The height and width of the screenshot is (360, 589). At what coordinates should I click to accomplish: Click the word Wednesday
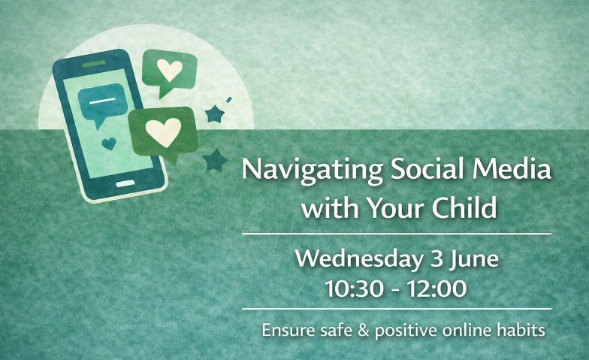click(x=357, y=260)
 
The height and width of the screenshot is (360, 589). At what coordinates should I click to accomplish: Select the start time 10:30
click(x=353, y=288)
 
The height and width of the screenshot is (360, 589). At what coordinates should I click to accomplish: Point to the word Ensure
click(x=285, y=330)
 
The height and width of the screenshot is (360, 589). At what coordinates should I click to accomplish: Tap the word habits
click(x=523, y=330)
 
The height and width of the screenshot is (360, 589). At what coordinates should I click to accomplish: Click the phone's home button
click(x=125, y=183)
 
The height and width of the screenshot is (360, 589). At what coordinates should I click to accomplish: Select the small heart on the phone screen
click(x=110, y=143)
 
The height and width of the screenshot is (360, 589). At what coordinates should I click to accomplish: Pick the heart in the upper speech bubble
click(x=170, y=70)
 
